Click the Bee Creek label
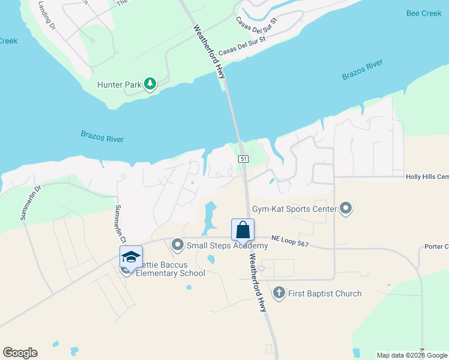[x=424, y=13]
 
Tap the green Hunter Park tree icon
[x=150, y=85]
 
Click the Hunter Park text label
[x=119, y=85]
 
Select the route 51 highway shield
[x=243, y=159]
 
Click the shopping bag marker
[x=243, y=229]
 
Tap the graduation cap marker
[x=131, y=257]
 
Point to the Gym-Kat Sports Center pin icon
[x=346, y=209]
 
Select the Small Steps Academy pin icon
[x=177, y=245]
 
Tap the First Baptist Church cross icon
[x=279, y=293]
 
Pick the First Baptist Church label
[x=324, y=293]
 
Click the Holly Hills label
[x=427, y=177]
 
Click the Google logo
[x=20, y=353]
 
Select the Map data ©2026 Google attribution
[x=412, y=355]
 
